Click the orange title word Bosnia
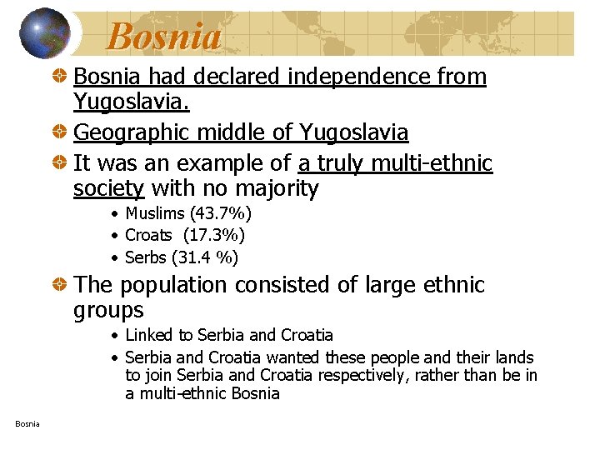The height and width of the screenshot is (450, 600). tap(164, 36)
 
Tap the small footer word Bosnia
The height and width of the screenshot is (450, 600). tap(27, 424)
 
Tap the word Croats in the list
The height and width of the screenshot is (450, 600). tap(148, 236)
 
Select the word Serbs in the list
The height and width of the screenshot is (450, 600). tap(145, 257)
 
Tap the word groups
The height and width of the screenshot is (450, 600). tap(108, 311)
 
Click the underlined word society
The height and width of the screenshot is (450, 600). tap(108, 189)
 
